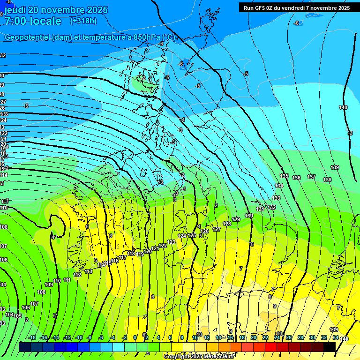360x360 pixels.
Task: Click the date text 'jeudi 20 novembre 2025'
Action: (56, 10)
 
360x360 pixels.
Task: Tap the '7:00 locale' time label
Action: (32, 21)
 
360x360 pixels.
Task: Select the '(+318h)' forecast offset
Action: (83, 21)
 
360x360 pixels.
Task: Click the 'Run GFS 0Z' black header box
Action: (297, 7)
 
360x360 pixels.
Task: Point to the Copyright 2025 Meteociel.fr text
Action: (199, 357)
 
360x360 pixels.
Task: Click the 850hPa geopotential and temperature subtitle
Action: (90, 37)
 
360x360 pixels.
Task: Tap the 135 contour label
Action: (284, 176)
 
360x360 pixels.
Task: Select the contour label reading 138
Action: (327, 180)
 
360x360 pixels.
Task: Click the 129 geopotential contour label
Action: (236, 219)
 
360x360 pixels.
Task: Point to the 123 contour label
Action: (171, 242)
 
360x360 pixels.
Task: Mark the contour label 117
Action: (123, 257)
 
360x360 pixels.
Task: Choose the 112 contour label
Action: (77, 275)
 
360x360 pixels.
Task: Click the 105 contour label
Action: (18, 316)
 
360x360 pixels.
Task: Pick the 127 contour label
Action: (217, 229)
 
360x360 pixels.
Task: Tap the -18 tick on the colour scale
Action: (32, 337)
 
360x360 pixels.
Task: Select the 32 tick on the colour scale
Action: (324, 337)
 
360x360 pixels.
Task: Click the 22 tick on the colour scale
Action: (265, 337)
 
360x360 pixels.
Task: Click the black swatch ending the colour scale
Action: (329, 347)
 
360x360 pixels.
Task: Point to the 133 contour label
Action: (277, 198)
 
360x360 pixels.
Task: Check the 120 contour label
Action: (148, 251)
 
